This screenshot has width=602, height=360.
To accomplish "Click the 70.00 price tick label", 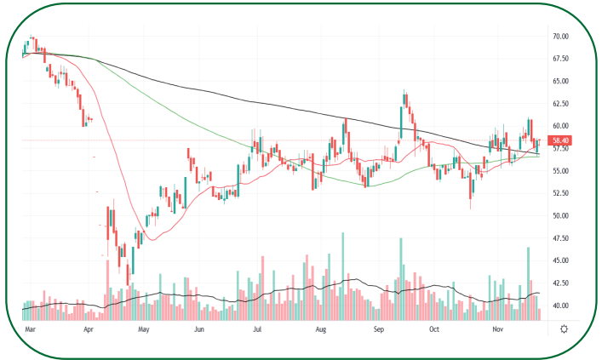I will pos(560,37).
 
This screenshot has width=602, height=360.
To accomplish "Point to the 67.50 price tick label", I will pos(560,59).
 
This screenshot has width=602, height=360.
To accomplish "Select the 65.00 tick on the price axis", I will pos(560,81).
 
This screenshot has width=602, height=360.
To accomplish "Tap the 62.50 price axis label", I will pos(560,104).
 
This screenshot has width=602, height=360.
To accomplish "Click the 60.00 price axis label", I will pos(560,126).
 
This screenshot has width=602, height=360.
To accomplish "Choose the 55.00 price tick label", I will pos(560,171).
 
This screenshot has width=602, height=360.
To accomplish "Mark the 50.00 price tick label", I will pos(560,216).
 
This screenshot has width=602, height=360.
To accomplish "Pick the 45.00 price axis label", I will pos(560,260).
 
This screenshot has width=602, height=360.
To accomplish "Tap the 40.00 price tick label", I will pos(560,306).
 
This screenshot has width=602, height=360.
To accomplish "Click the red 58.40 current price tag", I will pos(560,140).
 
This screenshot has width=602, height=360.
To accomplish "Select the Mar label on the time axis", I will pos(31,328).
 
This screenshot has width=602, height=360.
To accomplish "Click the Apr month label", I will pos(89,328).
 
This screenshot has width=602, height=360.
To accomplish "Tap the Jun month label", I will pos(199,328).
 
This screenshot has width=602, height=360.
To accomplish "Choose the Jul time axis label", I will pos(256,328).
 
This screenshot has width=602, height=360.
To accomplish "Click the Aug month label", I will pos(321,328).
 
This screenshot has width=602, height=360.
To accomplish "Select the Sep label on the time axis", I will pos(377,328).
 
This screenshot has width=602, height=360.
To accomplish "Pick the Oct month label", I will pos(433,328).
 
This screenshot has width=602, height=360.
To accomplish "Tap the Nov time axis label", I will pos(499,328).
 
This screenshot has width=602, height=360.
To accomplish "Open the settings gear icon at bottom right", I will pos(565,329).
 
